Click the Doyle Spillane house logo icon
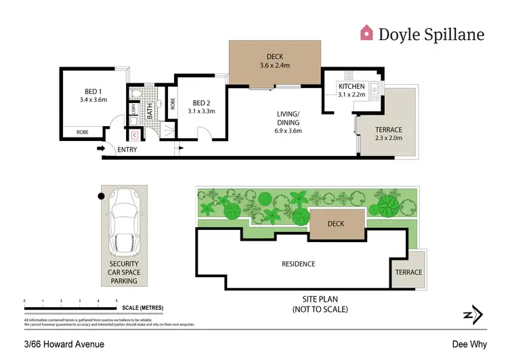(x=366, y=33)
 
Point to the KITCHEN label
(x=352, y=87)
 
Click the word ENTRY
(x=127, y=150)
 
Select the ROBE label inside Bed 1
(x=82, y=133)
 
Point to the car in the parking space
(x=124, y=221)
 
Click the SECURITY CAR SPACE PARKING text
(x=124, y=272)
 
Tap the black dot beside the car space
(x=101, y=197)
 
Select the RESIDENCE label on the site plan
(x=299, y=264)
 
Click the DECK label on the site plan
(x=336, y=223)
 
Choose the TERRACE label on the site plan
(x=405, y=273)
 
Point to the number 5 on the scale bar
(x=117, y=300)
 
